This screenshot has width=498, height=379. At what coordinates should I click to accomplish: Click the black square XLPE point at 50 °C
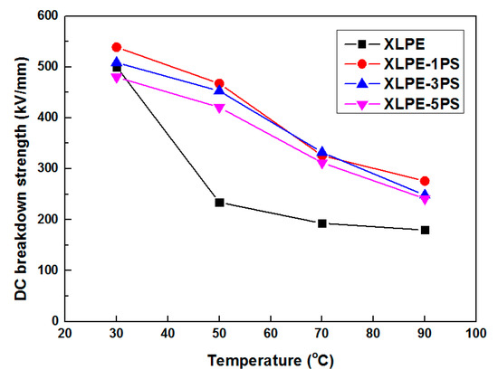click(x=219, y=203)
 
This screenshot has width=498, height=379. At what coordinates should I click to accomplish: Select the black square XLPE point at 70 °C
click(x=322, y=223)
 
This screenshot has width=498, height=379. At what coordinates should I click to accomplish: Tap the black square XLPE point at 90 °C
click(x=425, y=230)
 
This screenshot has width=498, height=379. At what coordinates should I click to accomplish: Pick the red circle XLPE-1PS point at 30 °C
click(x=117, y=47)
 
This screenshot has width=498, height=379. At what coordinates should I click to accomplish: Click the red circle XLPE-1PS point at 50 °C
click(x=219, y=83)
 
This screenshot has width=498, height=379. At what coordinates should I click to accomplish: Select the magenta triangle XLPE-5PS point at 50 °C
click(x=219, y=109)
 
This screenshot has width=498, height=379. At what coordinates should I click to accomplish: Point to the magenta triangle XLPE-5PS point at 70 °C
click(x=322, y=164)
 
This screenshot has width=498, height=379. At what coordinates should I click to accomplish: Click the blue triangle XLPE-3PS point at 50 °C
click(x=219, y=90)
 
